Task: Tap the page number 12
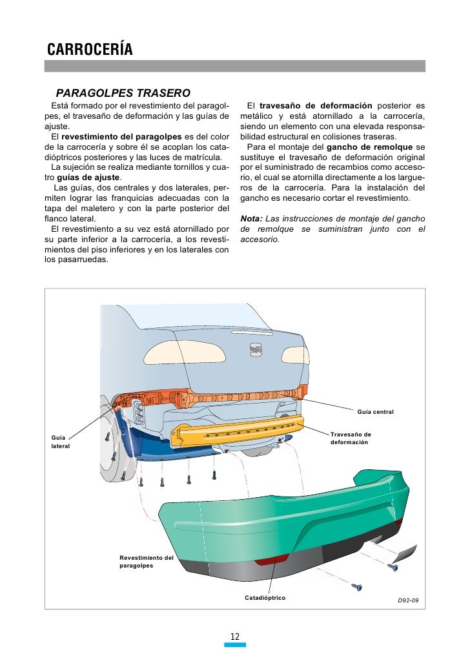(x=235, y=637)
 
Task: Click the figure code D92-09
(x=407, y=600)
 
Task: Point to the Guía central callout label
(x=375, y=411)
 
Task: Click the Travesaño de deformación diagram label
(x=351, y=438)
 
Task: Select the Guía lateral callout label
(x=61, y=442)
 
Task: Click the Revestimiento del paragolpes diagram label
(x=147, y=561)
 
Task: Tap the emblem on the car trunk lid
(x=255, y=349)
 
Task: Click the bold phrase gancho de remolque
(x=376, y=147)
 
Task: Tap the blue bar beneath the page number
(x=235, y=644)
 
